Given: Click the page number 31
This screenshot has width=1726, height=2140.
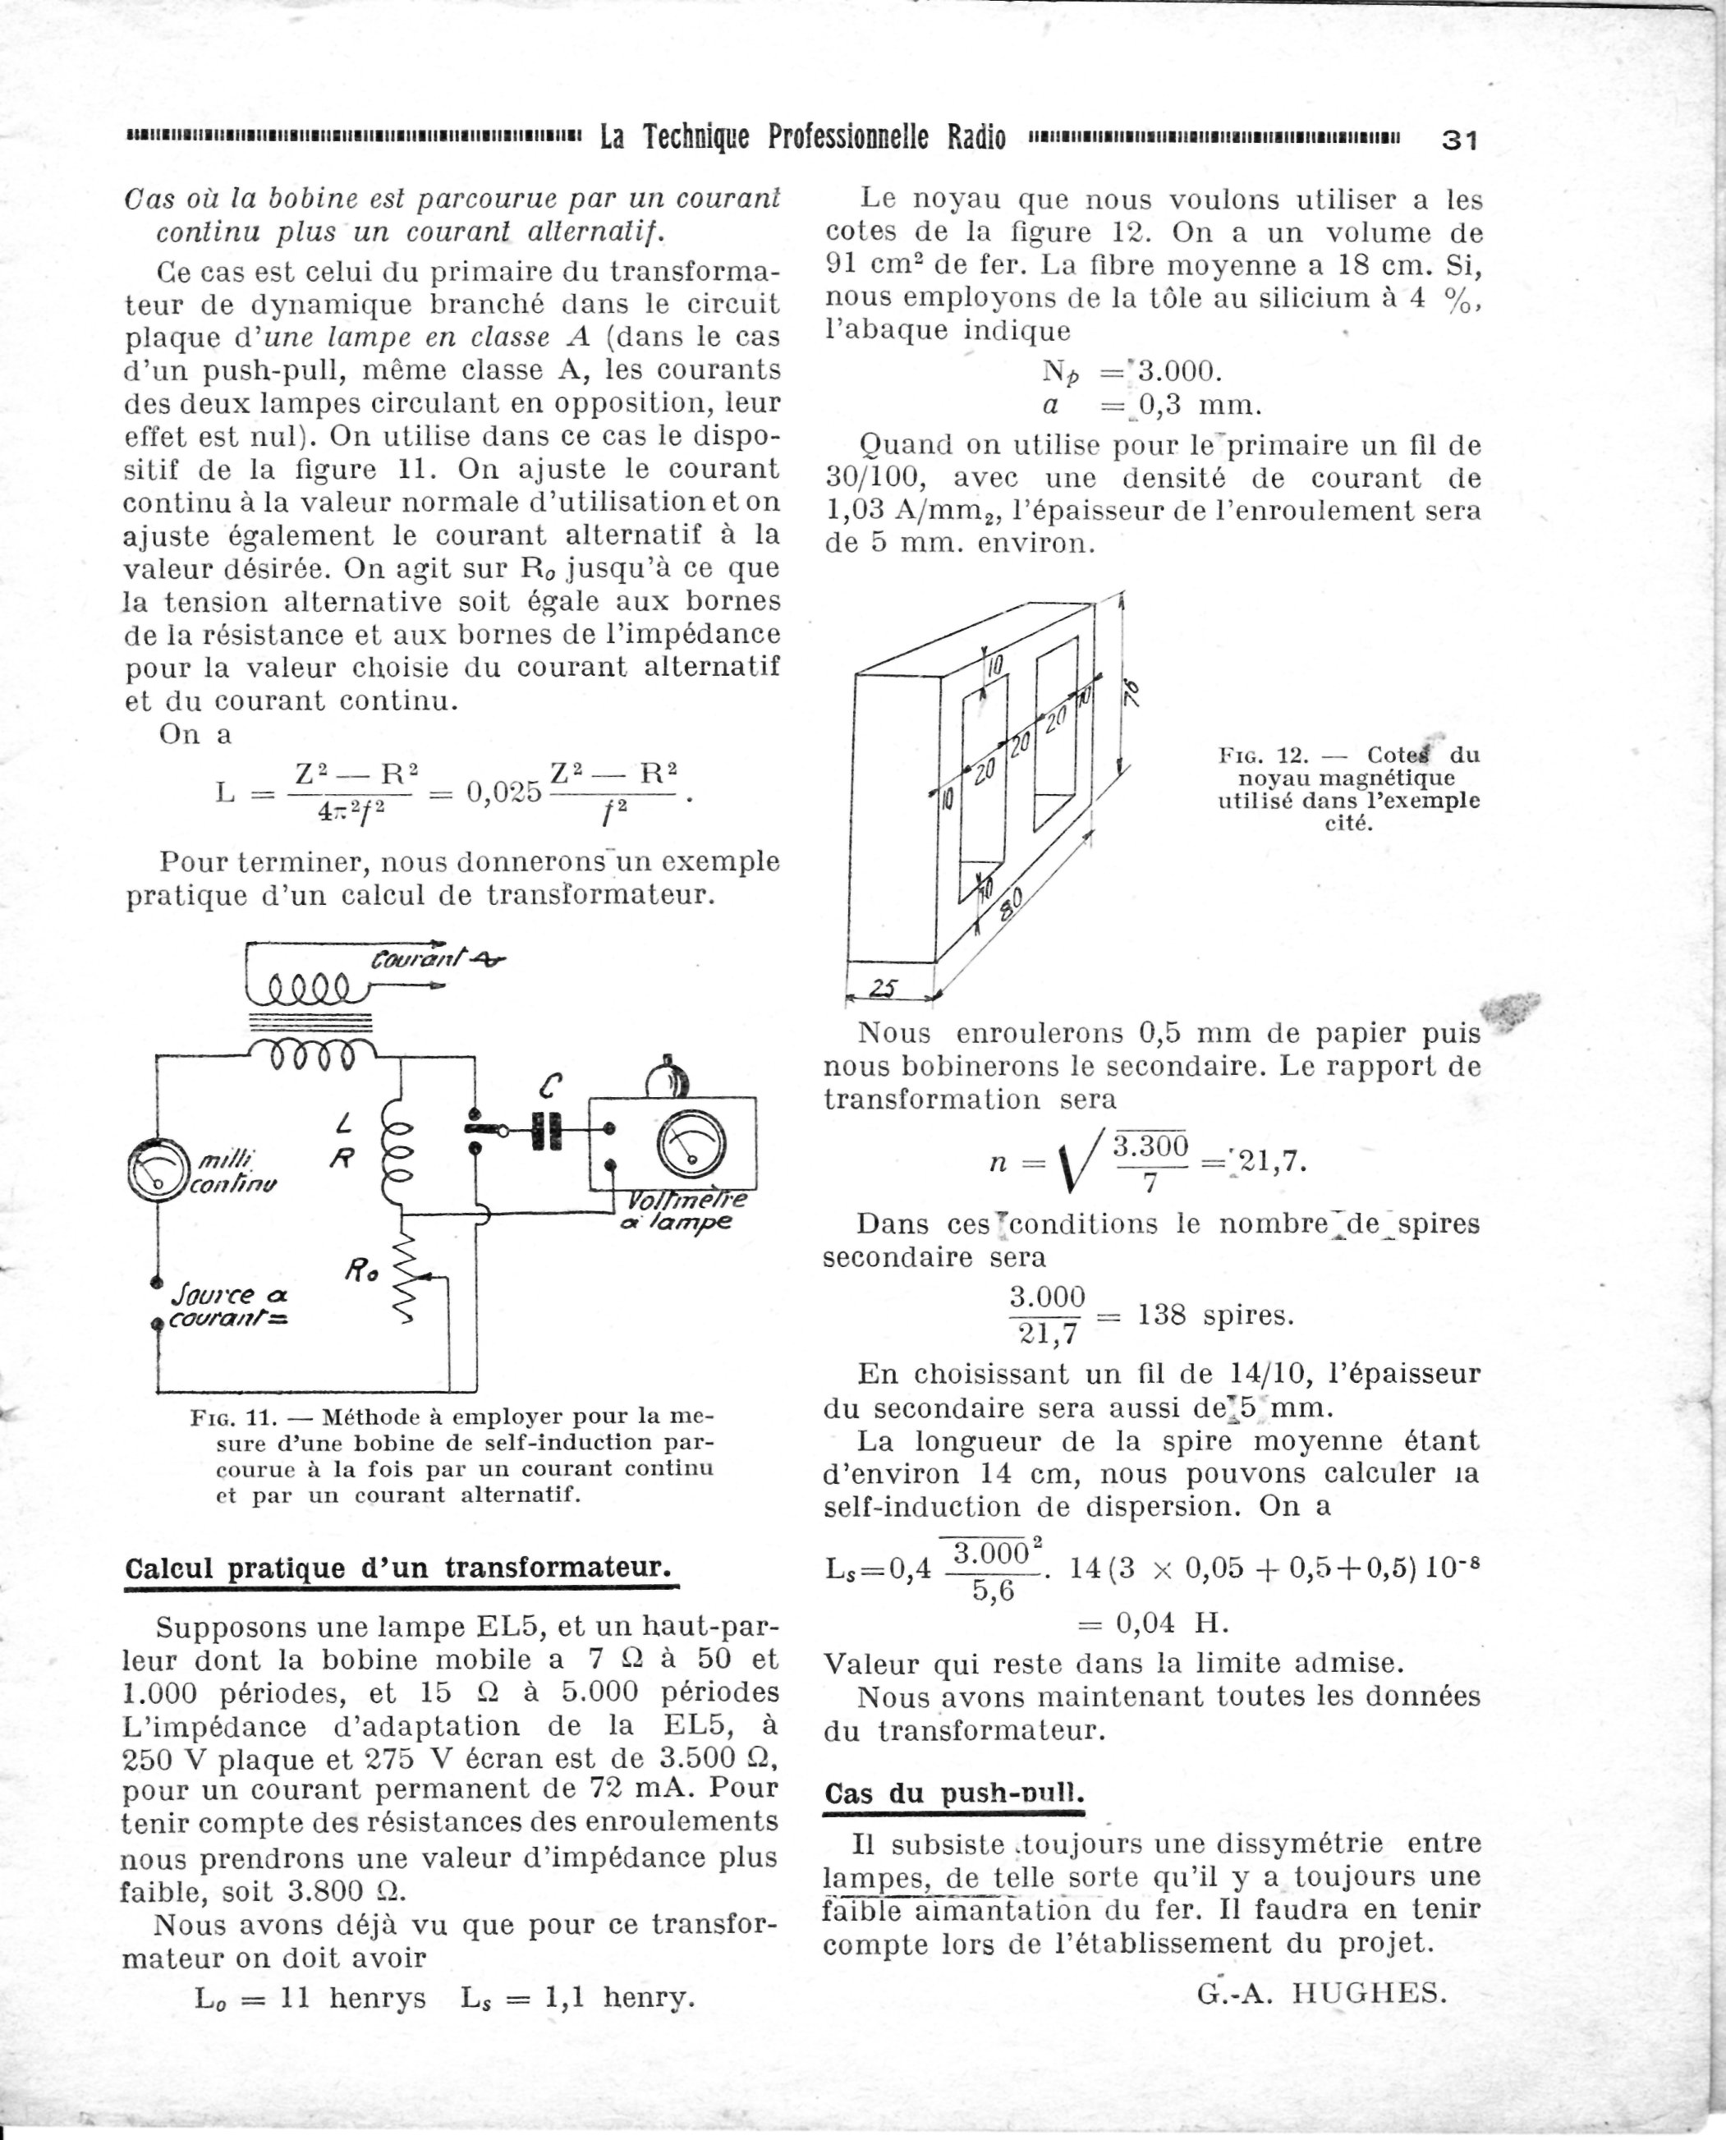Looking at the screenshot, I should coord(1459,140).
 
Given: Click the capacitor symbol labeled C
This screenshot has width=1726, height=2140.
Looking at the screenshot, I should coord(545,1131).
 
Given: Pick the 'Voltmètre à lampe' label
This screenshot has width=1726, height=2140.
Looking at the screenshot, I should coord(679,1211).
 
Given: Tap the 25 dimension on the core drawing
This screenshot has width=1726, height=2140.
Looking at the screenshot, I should coord(883,989).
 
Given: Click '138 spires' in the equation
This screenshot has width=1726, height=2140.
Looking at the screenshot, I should coord(1215,1316).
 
